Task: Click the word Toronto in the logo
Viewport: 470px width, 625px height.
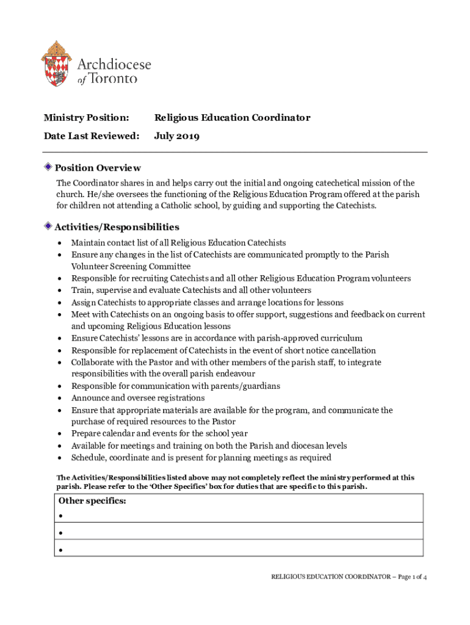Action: coord(114,79)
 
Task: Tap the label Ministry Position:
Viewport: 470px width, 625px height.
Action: coord(86,117)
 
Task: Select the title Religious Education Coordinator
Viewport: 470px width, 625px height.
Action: coord(232,117)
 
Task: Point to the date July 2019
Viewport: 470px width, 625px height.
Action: coord(176,135)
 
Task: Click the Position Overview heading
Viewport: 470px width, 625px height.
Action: coord(98,168)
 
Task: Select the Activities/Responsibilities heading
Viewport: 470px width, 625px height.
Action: coord(117,227)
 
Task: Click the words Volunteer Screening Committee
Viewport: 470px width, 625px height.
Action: coord(131,266)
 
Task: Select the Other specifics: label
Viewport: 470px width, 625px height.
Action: coord(92,501)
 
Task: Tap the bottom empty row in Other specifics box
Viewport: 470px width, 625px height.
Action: coord(235,549)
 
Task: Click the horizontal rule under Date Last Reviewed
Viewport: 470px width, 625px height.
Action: coord(235,152)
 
